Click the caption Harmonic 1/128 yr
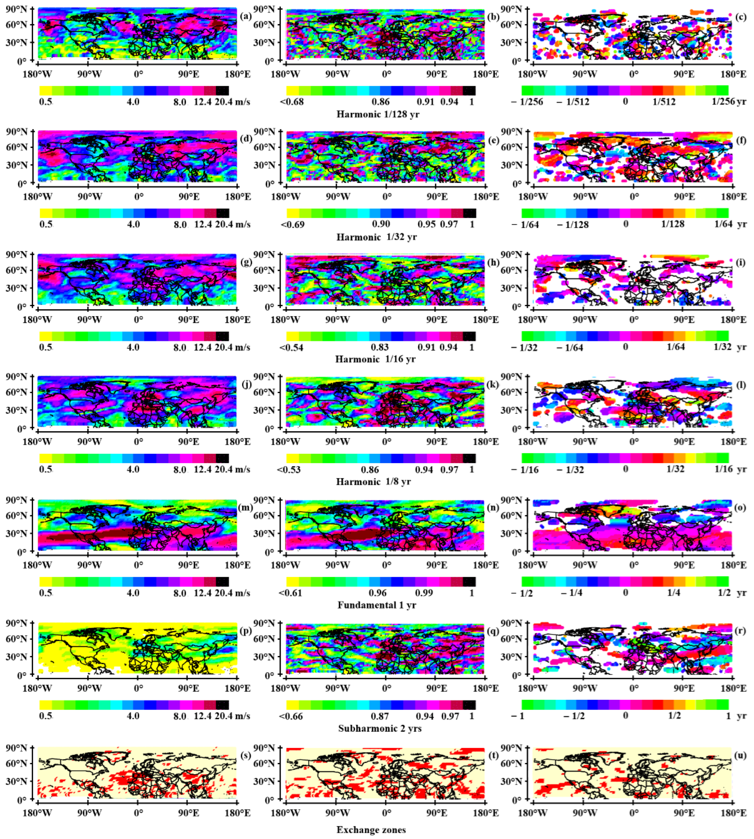click(x=378, y=114)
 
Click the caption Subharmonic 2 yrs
click(x=380, y=728)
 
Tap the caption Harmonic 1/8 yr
click(x=373, y=482)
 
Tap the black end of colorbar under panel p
click(x=222, y=705)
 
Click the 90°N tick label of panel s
click(x=17, y=748)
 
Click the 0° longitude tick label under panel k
click(x=386, y=442)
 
